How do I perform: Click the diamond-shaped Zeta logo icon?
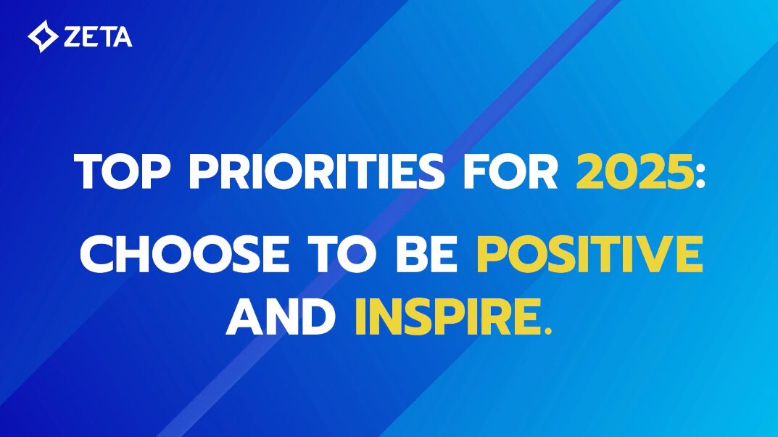point(43,36)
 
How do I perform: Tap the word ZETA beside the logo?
point(98,37)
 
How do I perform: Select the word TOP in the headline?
point(120,171)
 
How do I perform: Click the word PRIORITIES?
point(317,171)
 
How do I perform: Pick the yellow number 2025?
point(634,171)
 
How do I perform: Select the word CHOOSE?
point(184,254)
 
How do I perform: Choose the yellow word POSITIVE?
point(589,254)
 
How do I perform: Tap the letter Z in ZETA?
point(73,37)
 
